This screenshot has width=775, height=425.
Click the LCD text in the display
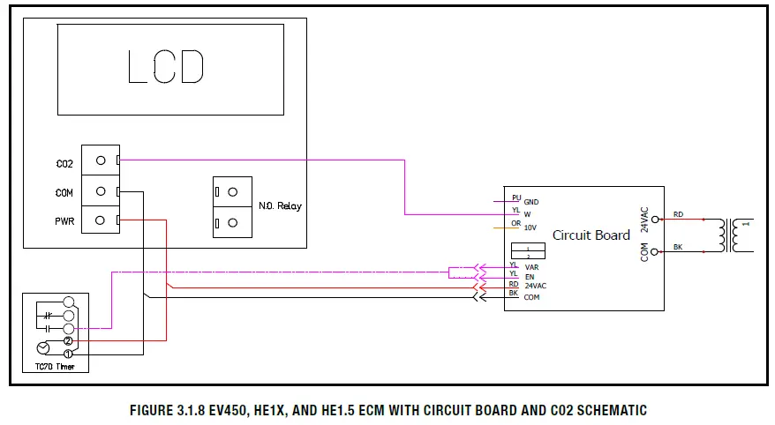point(167,67)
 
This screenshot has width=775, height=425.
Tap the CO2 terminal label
point(64,164)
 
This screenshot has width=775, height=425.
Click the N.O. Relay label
point(280,206)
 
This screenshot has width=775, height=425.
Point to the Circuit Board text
point(591,235)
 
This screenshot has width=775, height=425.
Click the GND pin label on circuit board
point(531,202)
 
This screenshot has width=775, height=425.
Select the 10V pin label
point(530,227)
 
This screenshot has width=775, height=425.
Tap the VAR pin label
point(531,266)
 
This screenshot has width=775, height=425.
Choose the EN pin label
point(530,277)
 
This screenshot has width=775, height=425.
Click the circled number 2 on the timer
point(67,340)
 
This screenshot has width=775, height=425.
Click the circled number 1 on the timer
point(67,354)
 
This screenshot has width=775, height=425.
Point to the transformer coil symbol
point(729,234)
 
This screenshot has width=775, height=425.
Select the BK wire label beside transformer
point(677,248)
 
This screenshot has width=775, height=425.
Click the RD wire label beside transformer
point(677,214)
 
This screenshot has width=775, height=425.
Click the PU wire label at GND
point(515,197)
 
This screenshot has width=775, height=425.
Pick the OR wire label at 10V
point(515,223)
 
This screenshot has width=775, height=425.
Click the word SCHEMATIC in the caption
point(609,411)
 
